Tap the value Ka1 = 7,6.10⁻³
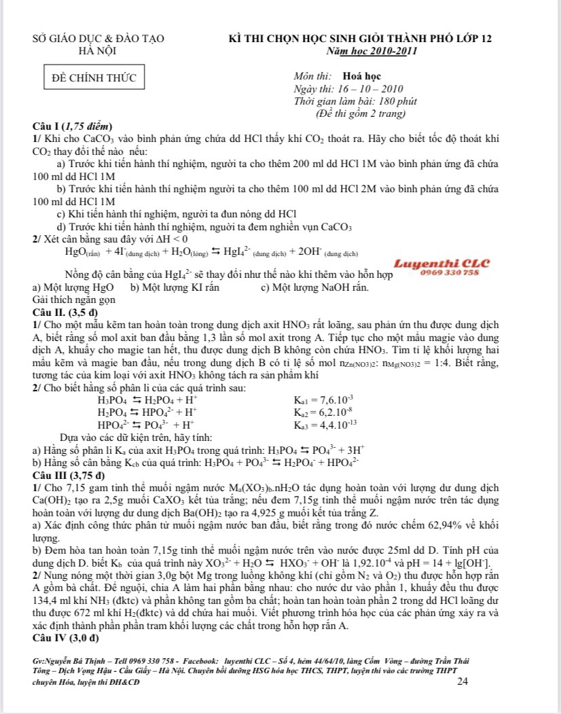coord(322,398)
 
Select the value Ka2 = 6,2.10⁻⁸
coord(322,412)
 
